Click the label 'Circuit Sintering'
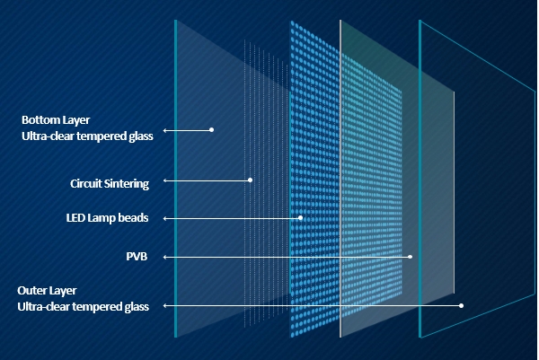[x=110, y=183]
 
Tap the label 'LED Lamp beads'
[x=107, y=218]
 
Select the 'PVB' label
[x=136, y=257]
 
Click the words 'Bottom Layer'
[x=56, y=119]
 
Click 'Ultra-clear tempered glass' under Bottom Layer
[x=89, y=136]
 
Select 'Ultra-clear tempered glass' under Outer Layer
[x=83, y=307]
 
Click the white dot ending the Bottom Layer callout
[x=211, y=129]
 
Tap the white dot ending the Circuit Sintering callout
[x=250, y=180]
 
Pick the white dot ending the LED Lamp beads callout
[x=300, y=218]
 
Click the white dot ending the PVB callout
[x=411, y=257]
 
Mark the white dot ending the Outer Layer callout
[x=462, y=305]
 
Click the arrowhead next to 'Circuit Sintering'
[x=165, y=180]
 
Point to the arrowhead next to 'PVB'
[x=165, y=257]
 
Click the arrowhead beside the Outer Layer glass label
[x=165, y=305]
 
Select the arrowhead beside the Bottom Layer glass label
[x=165, y=129]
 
